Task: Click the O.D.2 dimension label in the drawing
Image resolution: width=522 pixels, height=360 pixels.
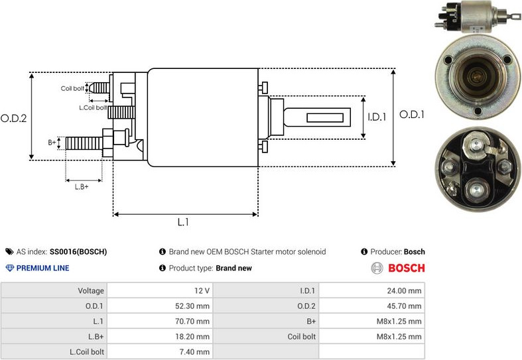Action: click(x=13, y=119)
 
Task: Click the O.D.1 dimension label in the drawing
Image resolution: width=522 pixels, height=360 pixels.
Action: click(x=411, y=114)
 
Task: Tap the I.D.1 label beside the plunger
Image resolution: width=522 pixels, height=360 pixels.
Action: click(x=377, y=117)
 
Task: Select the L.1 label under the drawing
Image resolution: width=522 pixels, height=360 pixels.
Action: click(x=184, y=223)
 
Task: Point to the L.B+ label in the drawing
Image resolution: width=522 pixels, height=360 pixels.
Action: click(x=82, y=186)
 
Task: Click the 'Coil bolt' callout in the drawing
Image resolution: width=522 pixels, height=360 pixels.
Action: click(x=72, y=88)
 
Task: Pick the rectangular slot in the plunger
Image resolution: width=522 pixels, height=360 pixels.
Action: click(x=328, y=118)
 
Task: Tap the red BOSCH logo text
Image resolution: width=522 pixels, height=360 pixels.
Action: click(x=406, y=269)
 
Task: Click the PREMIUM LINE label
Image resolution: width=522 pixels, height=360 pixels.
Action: click(x=42, y=269)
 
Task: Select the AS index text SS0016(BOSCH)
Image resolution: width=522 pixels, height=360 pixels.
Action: click(x=78, y=252)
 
